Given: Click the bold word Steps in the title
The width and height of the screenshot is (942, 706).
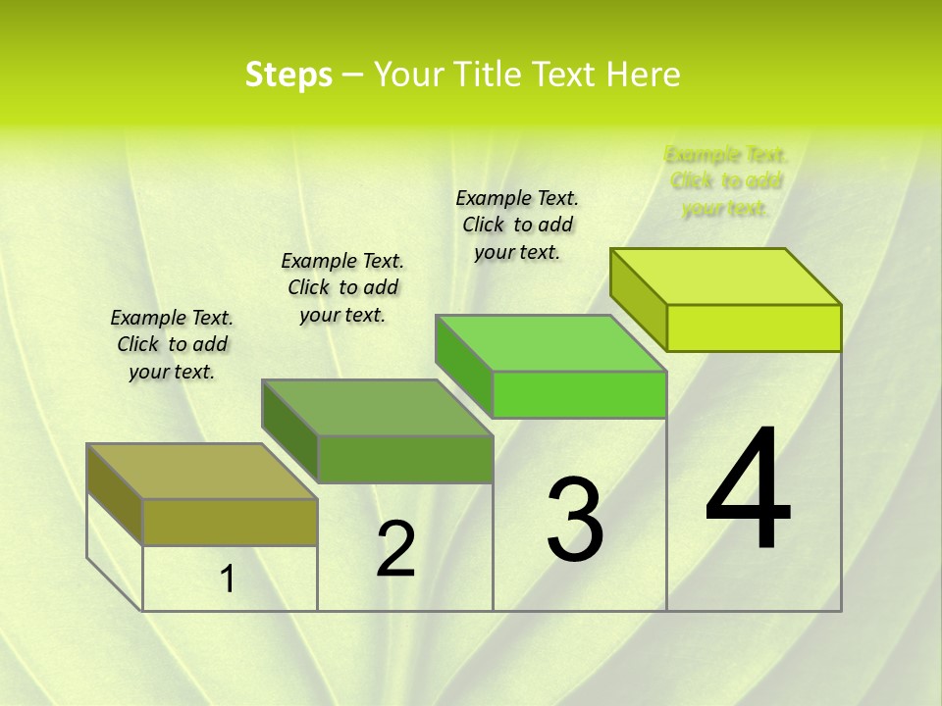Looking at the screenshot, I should (288, 75).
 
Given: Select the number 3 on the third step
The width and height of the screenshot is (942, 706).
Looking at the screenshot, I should (574, 520).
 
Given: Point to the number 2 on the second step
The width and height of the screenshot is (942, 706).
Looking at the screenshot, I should (395, 549).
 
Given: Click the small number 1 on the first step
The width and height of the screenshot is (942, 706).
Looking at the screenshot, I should (227, 580).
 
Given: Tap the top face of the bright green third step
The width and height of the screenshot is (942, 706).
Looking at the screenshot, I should (550, 343).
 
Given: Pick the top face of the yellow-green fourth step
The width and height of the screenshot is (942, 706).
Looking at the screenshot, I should (725, 277).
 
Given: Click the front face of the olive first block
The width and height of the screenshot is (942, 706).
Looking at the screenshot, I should (230, 522).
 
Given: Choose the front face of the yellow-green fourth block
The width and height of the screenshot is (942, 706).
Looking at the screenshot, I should (754, 328).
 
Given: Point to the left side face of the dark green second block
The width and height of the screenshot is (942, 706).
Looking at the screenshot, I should (290, 431).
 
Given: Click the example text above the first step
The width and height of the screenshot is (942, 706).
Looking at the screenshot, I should (172, 344).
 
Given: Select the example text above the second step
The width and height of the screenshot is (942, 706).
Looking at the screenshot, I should (342, 287).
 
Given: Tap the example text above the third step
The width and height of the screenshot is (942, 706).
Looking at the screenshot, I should (517, 225).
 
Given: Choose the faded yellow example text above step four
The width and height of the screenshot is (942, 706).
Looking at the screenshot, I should (725, 181).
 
